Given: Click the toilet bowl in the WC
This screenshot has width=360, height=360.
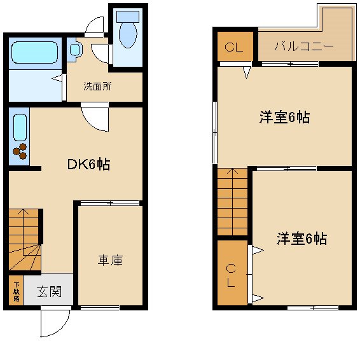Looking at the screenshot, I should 128,36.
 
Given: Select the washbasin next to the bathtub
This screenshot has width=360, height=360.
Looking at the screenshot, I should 74,49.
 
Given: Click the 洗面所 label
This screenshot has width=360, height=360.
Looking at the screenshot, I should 98,87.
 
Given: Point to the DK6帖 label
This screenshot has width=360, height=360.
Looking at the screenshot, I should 89,164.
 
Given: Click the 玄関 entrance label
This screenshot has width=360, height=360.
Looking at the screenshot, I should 48,292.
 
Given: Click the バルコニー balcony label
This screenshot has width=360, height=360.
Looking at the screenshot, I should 304,46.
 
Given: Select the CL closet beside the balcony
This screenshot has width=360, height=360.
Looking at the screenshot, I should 233,47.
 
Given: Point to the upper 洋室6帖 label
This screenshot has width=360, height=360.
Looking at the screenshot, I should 284,118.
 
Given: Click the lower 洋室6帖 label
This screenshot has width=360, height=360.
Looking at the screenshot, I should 301,239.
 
